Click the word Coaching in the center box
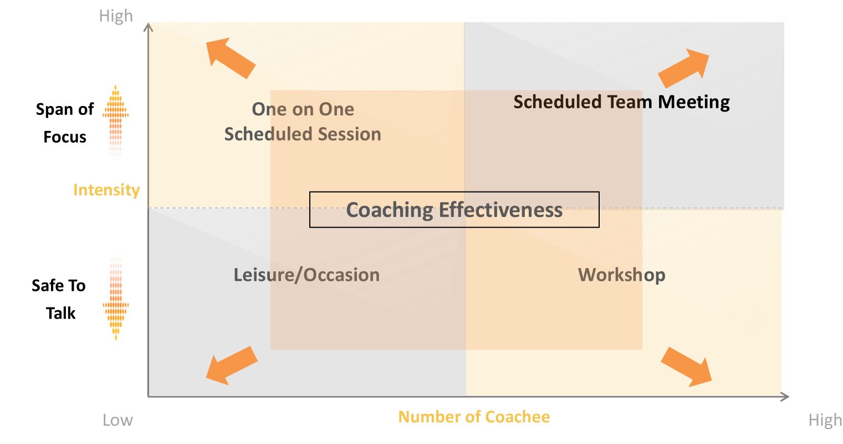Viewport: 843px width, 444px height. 389,210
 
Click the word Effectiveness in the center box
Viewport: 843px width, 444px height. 500,210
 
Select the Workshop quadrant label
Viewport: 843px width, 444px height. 621,275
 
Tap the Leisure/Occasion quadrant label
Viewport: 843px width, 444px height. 306,275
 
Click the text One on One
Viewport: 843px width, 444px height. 303,109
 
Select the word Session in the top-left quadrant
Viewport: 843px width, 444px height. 349,134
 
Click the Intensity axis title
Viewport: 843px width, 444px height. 106,190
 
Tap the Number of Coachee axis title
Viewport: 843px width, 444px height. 474,417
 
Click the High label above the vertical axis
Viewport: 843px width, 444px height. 116,16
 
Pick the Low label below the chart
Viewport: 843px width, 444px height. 117,420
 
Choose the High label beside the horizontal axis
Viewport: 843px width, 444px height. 825,420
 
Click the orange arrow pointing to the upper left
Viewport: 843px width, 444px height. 229,57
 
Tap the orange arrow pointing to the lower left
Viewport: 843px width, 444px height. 231,365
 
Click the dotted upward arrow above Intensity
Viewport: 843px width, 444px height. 115,122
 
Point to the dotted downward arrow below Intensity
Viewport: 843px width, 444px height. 115,295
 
